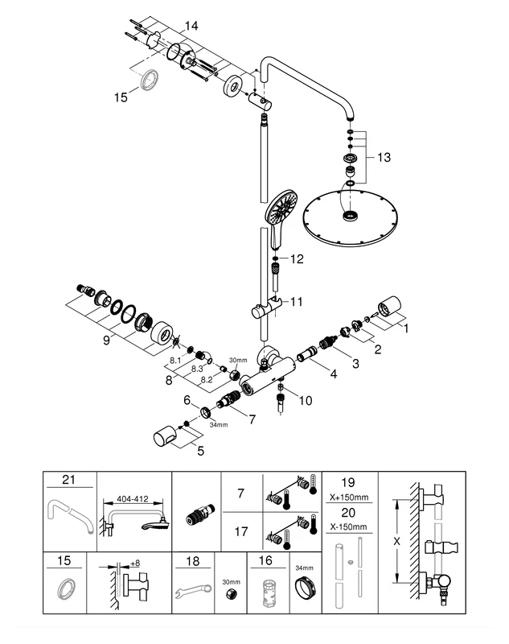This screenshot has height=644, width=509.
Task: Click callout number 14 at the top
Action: click(x=190, y=27)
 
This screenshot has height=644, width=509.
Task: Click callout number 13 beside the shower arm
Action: click(x=384, y=158)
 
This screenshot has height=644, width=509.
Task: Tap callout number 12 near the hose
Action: click(x=298, y=259)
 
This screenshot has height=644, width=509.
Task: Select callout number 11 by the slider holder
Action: click(x=297, y=302)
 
